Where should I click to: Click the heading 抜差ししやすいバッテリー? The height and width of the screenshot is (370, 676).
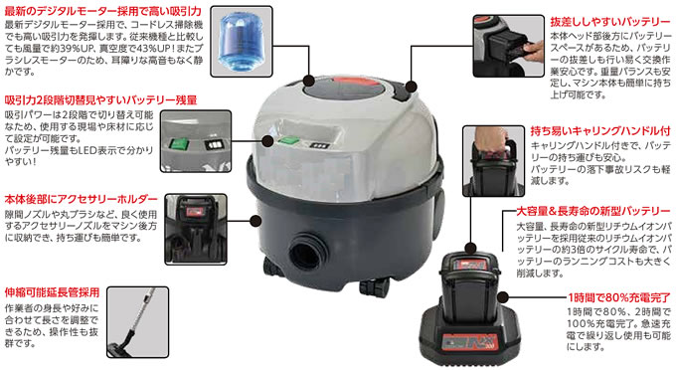(609, 22)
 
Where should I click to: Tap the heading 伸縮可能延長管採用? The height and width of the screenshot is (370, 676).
(52, 292)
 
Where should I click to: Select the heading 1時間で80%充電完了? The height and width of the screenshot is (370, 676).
(619, 297)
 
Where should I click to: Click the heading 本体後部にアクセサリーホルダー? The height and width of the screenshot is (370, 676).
(82, 200)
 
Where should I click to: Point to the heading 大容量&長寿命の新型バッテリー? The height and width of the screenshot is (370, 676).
(593, 212)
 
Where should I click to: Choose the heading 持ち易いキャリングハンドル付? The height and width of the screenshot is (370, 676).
(600, 130)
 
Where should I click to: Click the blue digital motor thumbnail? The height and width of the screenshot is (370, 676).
(242, 42)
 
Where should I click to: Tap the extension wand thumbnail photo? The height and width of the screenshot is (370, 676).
(137, 322)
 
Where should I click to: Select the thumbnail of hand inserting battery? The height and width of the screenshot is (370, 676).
(508, 46)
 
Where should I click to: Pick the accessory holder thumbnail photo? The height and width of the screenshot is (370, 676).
(196, 229)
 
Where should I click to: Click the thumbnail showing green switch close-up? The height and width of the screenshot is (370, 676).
(196, 141)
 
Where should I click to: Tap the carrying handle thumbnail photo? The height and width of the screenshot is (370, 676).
(493, 161)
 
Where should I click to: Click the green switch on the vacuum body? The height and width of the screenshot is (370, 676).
(289, 140)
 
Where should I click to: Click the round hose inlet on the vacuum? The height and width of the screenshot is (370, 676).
(306, 253)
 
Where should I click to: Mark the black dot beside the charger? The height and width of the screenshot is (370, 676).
(503, 297)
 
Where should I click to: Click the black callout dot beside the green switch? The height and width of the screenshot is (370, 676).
(267, 141)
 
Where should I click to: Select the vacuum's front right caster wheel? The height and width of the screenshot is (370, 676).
(374, 286)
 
